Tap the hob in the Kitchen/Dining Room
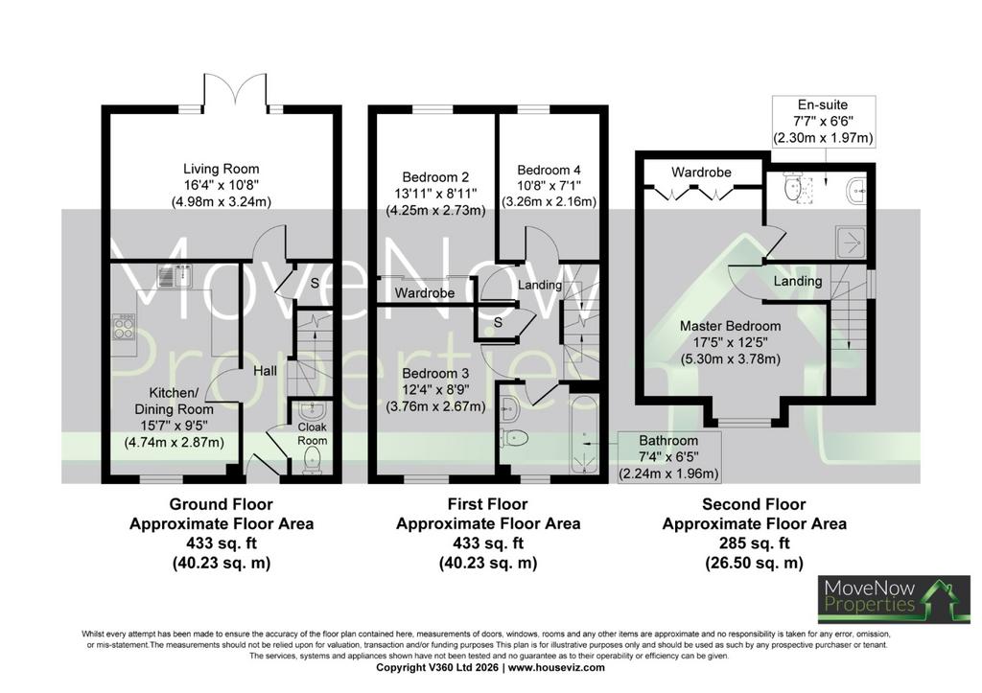(x=123, y=326)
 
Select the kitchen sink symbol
(x=175, y=275)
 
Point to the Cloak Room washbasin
(x=312, y=410)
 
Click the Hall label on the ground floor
(x=265, y=371)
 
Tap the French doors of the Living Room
(x=236, y=91)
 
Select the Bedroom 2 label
(x=435, y=177)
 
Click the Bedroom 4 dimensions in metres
(x=549, y=201)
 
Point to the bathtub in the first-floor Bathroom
(x=584, y=433)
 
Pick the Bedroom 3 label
(x=435, y=374)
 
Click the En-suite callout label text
(x=823, y=104)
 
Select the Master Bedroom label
(x=730, y=326)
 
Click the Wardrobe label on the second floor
(x=701, y=172)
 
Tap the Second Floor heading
(x=754, y=504)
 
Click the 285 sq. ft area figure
(x=754, y=543)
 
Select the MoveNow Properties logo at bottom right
(x=895, y=600)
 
